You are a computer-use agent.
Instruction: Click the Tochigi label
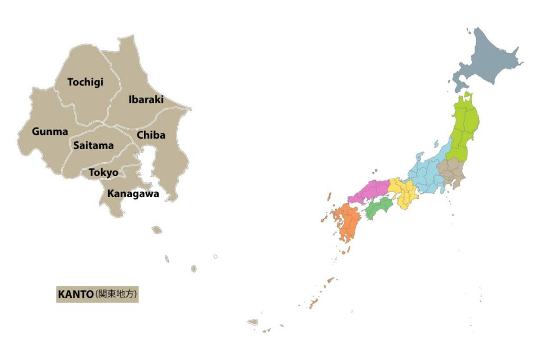pos(85,82)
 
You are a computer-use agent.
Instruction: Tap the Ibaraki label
pos(146,99)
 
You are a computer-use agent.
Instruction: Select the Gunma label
pos(50,131)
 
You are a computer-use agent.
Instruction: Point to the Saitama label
pos(93,145)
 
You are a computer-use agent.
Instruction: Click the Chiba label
pos(151,135)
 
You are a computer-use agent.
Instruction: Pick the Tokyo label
pos(103,172)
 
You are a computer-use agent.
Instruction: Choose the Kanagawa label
pos(133,193)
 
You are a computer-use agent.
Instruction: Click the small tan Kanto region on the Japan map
pos(451,171)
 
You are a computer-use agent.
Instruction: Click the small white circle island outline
pos(215,257)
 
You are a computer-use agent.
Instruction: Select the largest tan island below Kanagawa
pos(157,230)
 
